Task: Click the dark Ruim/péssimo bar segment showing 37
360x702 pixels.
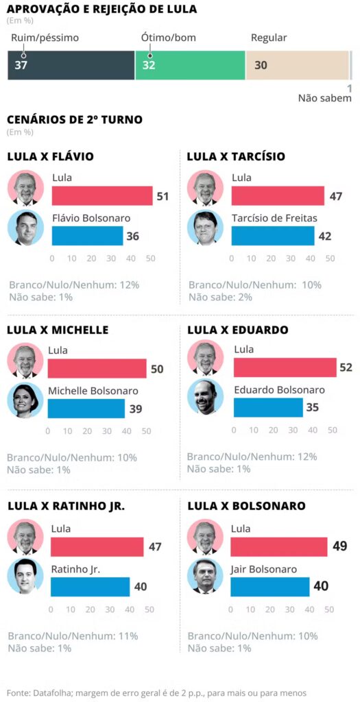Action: coord(71,66)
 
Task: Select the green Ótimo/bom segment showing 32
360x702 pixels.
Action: coord(190,66)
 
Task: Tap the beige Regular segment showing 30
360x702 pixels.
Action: coord(297,66)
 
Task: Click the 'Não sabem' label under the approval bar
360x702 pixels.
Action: coord(324,98)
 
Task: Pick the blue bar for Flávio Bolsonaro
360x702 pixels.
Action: coord(87,236)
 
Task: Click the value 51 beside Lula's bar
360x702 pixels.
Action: coord(163,197)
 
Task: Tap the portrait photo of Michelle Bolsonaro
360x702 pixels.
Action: coord(25,400)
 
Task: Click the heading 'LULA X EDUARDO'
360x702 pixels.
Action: coord(237,330)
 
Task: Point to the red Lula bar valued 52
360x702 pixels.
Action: coord(285,367)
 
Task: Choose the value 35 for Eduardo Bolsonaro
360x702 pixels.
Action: coord(312,407)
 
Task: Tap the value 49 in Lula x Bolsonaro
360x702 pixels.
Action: coord(340,546)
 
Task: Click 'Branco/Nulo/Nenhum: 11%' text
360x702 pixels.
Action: coord(73,636)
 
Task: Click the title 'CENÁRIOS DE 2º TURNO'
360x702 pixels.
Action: coord(75,119)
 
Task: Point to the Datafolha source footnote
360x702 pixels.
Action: coord(156,692)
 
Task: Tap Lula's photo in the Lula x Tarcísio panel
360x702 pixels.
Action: coord(204,189)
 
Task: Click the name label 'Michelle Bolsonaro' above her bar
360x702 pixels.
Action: coord(93,391)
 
